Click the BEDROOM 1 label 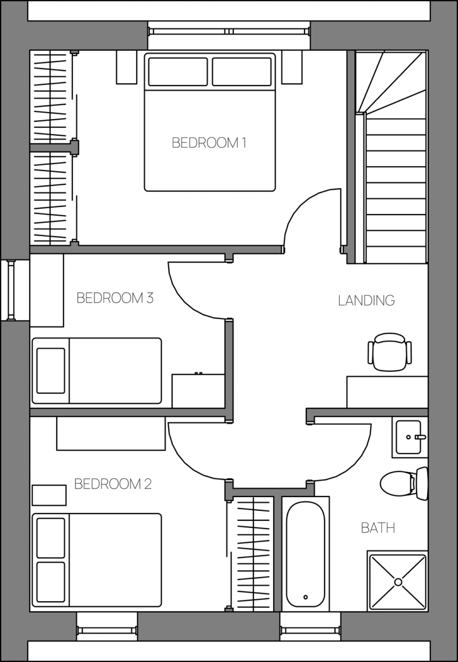(x=209, y=143)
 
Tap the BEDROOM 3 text (x=115, y=298)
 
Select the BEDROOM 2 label (x=113, y=484)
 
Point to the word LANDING (x=366, y=300)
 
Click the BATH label (x=378, y=528)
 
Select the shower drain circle (x=398, y=582)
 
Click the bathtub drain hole (x=306, y=597)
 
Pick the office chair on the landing (x=390, y=352)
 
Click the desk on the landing (x=387, y=392)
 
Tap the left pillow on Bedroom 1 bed (x=178, y=72)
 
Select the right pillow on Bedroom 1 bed (x=242, y=72)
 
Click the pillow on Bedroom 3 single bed (x=51, y=371)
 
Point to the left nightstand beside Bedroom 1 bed (x=126, y=67)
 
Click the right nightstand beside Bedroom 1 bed (x=292, y=67)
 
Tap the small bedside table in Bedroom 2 (x=49, y=495)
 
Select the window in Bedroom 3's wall (x=11, y=291)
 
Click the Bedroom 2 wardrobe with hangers (x=251, y=554)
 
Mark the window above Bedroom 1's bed (x=229, y=31)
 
